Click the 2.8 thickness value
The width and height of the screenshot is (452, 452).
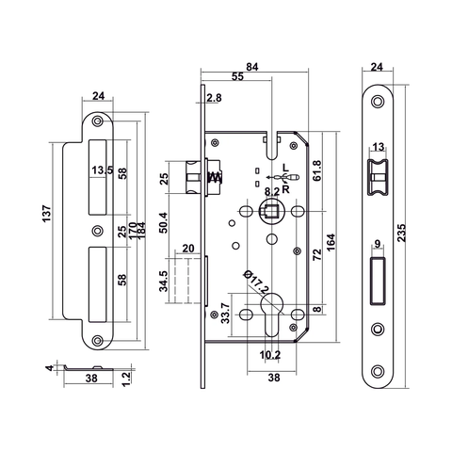[x=214, y=98]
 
